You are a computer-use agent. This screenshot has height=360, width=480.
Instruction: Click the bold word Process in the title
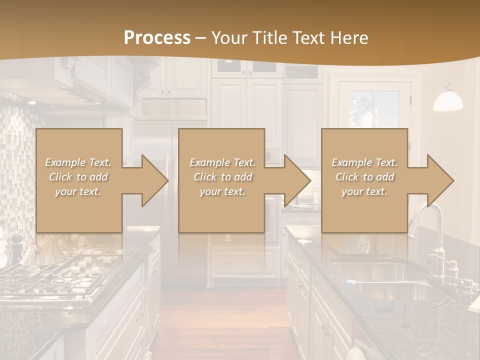(x=157, y=37)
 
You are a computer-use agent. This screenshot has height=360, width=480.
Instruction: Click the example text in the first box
(x=78, y=177)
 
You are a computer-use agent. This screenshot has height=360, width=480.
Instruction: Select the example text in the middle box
(x=222, y=177)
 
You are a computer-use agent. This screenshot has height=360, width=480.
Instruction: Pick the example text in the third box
(x=364, y=177)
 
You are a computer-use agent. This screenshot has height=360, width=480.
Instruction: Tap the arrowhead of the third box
(x=439, y=180)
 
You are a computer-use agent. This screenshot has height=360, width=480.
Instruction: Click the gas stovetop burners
(x=75, y=270)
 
